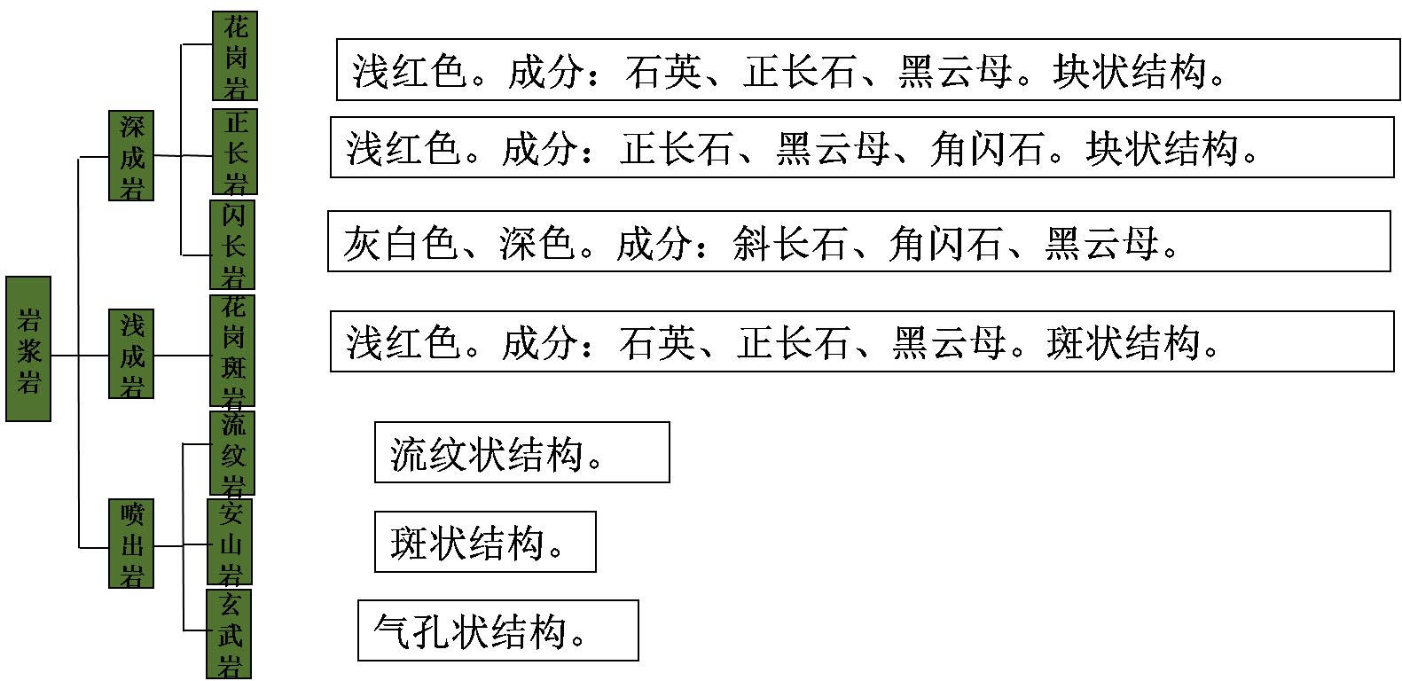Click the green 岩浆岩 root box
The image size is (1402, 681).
(28, 348)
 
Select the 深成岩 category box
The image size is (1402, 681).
(131, 155)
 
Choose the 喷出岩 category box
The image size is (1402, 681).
(131, 544)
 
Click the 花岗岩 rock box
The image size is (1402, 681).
(235, 56)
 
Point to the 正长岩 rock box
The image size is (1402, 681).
(235, 152)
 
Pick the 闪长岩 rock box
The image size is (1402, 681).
(232, 245)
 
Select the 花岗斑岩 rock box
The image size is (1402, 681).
(232, 351)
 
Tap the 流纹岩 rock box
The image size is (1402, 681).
(232, 453)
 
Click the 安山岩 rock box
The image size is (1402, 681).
(230, 542)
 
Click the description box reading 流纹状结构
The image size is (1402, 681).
(521, 453)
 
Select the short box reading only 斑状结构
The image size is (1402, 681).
(484, 542)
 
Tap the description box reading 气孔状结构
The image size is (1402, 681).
(497, 630)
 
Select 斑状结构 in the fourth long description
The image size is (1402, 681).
(1124, 341)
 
